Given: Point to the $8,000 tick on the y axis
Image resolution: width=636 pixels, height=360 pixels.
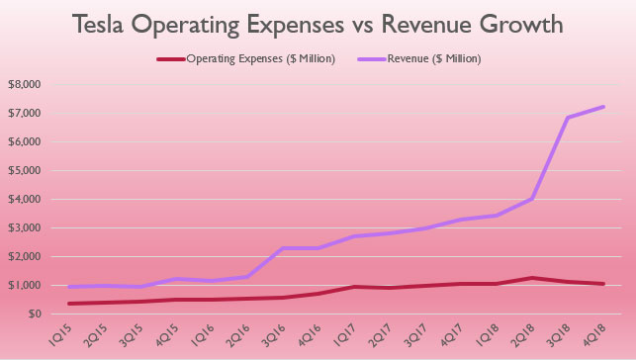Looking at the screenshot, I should click(x=24, y=85).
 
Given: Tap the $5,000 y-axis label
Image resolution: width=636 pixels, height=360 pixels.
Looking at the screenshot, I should click(x=24, y=171).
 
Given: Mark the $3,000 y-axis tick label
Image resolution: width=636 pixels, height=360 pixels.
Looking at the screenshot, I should click(x=24, y=228).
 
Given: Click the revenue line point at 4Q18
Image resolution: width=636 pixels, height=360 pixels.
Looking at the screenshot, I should click(x=604, y=107).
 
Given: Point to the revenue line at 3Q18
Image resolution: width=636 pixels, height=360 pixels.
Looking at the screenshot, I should click(x=568, y=118).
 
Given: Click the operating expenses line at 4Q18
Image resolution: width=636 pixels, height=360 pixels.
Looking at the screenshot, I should click(x=604, y=284).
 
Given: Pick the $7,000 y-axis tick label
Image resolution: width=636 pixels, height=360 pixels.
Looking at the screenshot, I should click(x=24, y=114).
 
